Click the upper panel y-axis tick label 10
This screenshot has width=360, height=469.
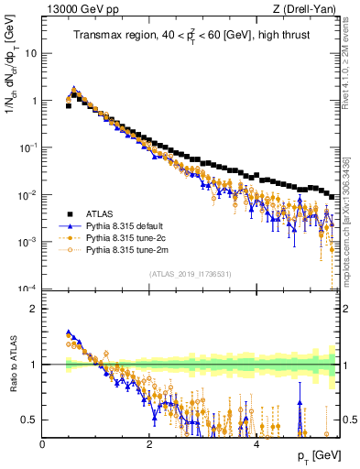point(31,53)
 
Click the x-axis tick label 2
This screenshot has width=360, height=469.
point(149,445)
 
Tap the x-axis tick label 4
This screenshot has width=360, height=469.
point(256,445)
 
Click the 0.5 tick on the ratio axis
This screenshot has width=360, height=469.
point(30,420)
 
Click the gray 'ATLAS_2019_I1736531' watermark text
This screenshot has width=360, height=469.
point(191,274)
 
